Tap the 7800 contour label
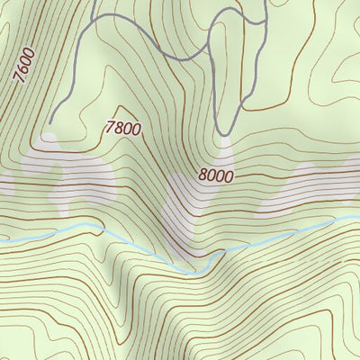click(x=122, y=128)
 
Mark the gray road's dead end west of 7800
click(x=51, y=121)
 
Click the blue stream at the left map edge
click(x=2, y=243)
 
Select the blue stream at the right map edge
click(x=358, y=216)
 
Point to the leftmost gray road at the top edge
click(x=95, y=3)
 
